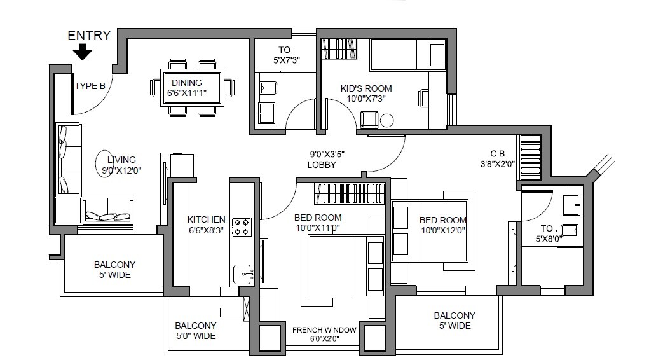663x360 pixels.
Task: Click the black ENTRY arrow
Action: tap(82, 52)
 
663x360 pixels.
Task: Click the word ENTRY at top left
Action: tap(89, 36)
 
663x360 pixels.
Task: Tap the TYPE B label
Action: tap(90, 87)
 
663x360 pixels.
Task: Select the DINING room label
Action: tap(187, 83)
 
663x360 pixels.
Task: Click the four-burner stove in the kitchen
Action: tap(242, 227)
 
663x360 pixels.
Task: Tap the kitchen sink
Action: tap(242, 274)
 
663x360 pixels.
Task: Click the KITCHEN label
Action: tap(206, 219)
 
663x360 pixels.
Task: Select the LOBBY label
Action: tap(321, 165)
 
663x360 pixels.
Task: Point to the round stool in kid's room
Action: tap(387, 120)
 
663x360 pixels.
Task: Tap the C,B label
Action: tap(493, 153)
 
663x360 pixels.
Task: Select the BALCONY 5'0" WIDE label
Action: tap(195, 331)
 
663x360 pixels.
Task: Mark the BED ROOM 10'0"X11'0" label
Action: tap(318, 222)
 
